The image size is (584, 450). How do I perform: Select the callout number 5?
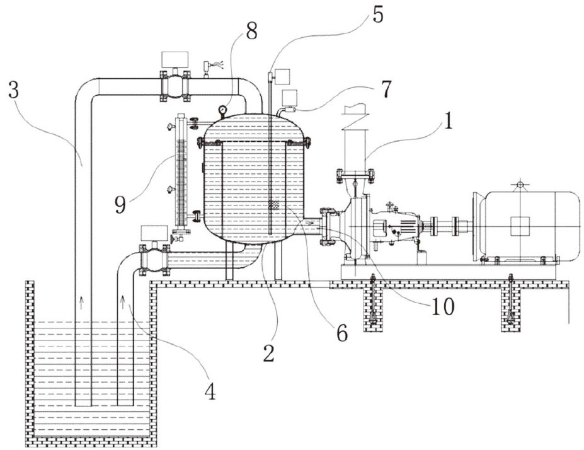(x=377, y=15)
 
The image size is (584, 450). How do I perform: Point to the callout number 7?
(x=387, y=89)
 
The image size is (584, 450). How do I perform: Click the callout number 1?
(x=449, y=121)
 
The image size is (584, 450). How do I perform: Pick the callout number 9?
(x=120, y=205)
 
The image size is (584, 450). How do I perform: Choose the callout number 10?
(x=443, y=306)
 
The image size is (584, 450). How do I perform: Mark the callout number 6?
(x=342, y=333)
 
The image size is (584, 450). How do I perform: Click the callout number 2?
(x=268, y=354)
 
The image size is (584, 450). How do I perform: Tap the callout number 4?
(x=211, y=391)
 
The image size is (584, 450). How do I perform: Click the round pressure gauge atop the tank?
(x=222, y=110)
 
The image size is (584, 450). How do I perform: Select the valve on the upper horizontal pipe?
(x=174, y=86)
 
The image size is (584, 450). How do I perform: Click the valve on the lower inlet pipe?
(x=154, y=260)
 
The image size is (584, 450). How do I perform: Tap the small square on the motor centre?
(x=520, y=226)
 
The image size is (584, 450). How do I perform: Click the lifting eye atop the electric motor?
(x=520, y=185)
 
